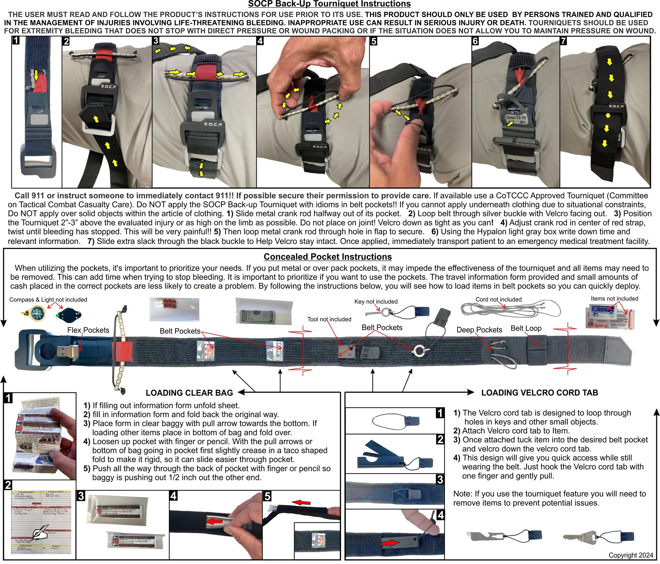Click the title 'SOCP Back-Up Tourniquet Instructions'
point(329,4)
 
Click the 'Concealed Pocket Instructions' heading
point(327,257)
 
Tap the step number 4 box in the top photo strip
point(260,41)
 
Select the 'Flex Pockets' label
point(88,330)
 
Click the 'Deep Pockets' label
point(479,330)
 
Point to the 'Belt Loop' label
point(526,328)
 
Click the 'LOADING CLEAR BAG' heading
point(189,393)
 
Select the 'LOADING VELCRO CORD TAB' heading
point(539,393)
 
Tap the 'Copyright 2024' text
point(630,555)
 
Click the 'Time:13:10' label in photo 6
point(515,118)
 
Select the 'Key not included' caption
point(376,302)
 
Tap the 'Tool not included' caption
point(329,319)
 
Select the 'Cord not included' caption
point(498,299)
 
